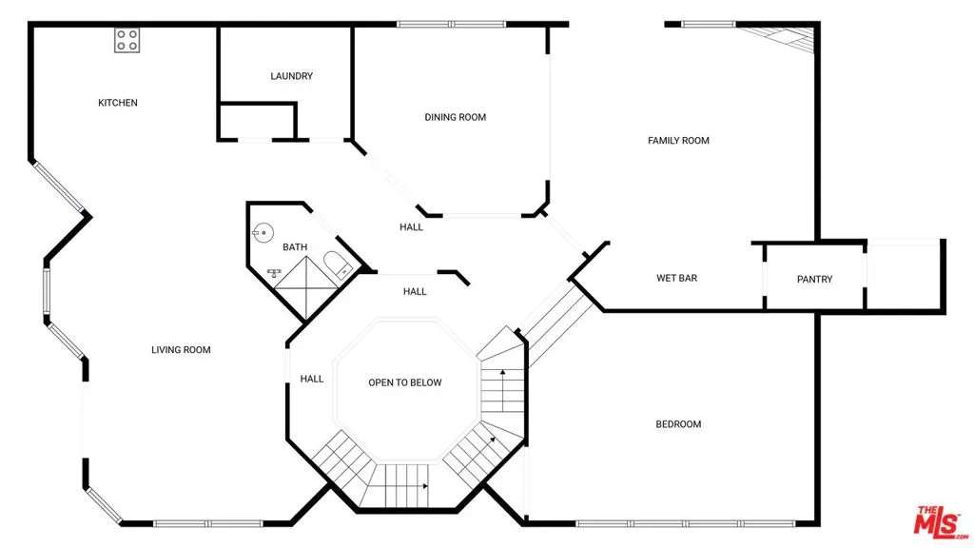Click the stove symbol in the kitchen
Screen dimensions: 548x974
tap(127, 40)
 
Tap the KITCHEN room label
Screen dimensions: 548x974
tap(118, 103)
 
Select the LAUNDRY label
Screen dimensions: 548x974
tap(291, 76)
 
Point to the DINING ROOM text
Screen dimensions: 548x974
tap(455, 117)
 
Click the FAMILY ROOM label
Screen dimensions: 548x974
tap(678, 141)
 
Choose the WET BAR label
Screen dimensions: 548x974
tap(677, 279)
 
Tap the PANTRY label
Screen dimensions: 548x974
tap(814, 280)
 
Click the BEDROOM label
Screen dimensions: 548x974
tap(678, 424)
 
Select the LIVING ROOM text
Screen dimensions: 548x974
tap(181, 350)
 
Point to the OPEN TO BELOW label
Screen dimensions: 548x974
tap(405, 382)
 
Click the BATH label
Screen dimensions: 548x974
tap(295, 247)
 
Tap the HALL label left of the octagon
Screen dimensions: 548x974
tap(312, 379)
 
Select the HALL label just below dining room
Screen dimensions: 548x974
tap(411, 227)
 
